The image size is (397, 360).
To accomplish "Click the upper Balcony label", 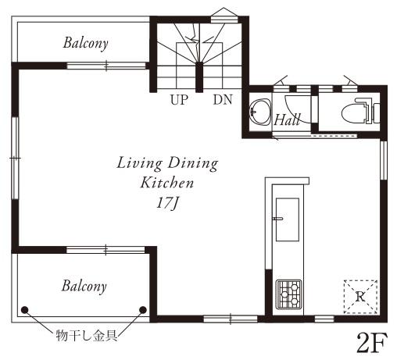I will click(x=86, y=43).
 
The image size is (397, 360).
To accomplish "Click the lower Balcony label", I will click(x=84, y=286).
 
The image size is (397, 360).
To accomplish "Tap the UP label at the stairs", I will click(x=179, y=100).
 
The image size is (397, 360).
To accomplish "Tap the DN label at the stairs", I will click(x=222, y=100).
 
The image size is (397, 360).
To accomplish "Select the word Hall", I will click(x=288, y=119).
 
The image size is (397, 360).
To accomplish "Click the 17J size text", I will click(x=166, y=201).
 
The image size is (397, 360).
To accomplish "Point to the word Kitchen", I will click(x=166, y=183).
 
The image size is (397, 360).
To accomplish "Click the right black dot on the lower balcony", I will click(x=142, y=310).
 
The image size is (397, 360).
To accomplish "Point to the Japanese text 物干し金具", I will click(x=85, y=337).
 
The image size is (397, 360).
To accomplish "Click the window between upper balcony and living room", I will click(x=106, y=66).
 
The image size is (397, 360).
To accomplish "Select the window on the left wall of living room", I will click(x=15, y=158).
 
